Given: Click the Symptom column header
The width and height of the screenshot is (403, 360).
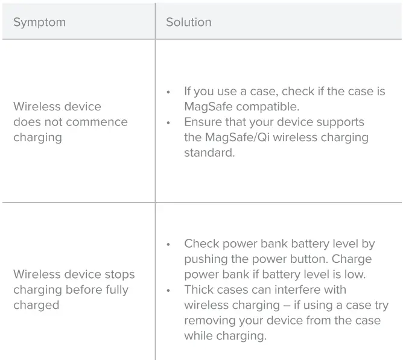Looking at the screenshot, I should coord(39,22).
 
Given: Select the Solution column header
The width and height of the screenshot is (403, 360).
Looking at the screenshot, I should coord(189,22).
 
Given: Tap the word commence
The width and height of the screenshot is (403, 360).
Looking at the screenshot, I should coord(97,122).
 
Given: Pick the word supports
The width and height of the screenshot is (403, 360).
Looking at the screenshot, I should coord(342,122).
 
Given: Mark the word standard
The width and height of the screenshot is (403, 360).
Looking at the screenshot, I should coord(208,153).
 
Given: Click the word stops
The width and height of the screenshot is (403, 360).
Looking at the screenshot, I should coord(118,274).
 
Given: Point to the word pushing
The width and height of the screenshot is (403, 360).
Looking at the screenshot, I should coord(206,259).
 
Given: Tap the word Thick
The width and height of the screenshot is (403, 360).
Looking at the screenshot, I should coord(200,289).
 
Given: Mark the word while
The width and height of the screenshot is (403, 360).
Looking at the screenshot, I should coord(198,335).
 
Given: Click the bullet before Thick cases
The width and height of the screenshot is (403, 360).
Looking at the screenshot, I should coord(169,290).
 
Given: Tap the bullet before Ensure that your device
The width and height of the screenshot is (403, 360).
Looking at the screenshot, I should coord(169,122).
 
